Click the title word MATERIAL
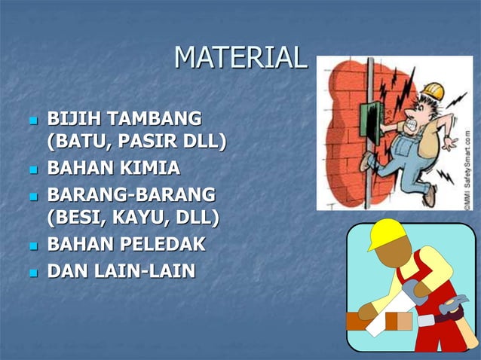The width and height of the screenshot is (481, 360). (240, 57)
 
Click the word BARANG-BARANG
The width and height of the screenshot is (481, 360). (130, 195)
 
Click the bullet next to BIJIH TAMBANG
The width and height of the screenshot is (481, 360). (31, 120)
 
